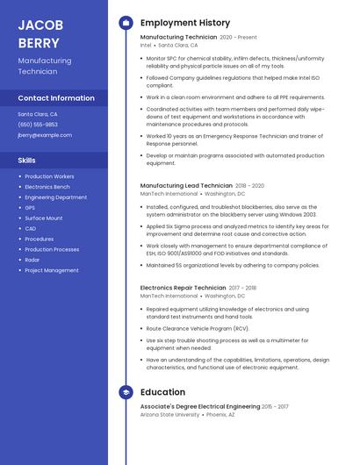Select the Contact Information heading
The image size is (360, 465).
(x=56, y=98)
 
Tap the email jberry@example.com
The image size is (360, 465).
(x=45, y=135)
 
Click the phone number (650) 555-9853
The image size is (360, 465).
(x=38, y=125)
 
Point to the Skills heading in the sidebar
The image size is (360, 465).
(x=27, y=161)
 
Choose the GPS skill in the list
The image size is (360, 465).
(x=30, y=208)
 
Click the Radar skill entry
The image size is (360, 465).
(x=32, y=260)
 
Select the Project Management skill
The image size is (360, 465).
(x=51, y=270)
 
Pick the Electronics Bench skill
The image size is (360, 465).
(x=47, y=187)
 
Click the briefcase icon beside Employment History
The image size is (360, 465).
(x=126, y=23)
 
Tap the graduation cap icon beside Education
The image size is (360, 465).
(x=126, y=392)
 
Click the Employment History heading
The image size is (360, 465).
(x=184, y=23)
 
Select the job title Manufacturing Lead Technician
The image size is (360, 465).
(x=185, y=186)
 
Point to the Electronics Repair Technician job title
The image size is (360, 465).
(x=183, y=288)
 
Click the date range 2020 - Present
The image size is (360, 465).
(x=238, y=38)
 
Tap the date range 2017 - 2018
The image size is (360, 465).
(x=242, y=288)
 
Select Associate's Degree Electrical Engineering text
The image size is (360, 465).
(x=199, y=406)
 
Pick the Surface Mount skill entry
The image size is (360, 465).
(x=43, y=218)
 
